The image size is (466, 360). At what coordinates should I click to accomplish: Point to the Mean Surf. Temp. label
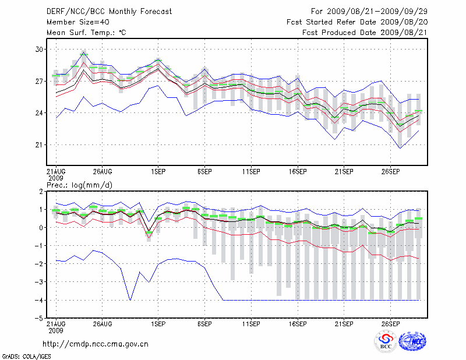(x=86, y=33)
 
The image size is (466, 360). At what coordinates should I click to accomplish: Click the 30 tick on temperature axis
(x=39, y=50)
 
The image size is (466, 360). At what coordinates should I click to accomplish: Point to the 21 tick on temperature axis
(x=39, y=144)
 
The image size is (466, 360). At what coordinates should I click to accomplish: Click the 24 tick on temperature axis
(x=39, y=113)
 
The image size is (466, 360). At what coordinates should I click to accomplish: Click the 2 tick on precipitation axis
(x=40, y=191)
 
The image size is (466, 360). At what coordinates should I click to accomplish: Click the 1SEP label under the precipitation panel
(x=157, y=323)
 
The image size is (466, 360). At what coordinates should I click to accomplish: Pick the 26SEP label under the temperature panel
(x=390, y=172)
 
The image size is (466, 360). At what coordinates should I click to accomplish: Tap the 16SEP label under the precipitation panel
(x=297, y=323)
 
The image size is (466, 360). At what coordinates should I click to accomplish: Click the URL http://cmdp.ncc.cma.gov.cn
(x=96, y=344)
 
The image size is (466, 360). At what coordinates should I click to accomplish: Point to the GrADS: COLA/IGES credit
(x=21, y=355)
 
